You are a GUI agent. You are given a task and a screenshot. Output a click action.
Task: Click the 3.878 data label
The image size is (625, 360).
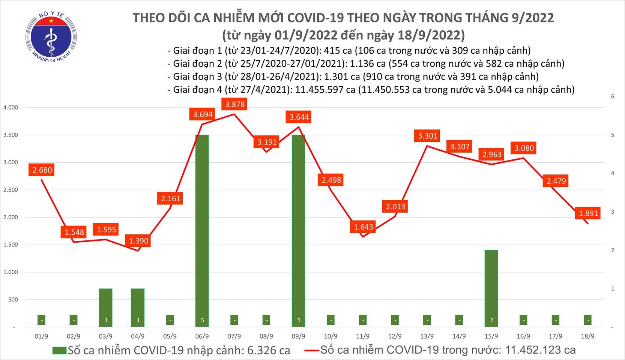pyautogui.click(x=235, y=104)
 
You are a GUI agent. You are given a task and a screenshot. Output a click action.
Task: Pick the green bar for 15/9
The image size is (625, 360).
pyautogui.click(x=491, y=287)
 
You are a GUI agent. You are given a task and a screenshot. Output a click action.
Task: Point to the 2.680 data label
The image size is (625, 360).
pyautogui.click(x=42, y=170)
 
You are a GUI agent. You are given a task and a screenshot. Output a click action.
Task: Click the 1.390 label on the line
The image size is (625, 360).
pyautogui.click(x=139, y=241)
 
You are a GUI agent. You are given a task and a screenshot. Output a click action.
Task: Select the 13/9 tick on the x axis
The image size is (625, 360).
pyautogui.click(x=427, y=336)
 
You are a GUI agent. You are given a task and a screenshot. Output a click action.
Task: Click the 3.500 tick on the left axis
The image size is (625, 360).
pyautogui.click(x=11, y=135)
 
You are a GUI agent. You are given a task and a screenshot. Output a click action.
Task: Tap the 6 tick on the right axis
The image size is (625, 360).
pyautogui.click(x=613, y=97)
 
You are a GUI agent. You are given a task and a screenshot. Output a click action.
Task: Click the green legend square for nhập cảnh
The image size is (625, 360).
pyautogui.click(x=59, y=351)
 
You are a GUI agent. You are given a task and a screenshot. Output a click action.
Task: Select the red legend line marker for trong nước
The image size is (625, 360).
pyautogui.click(x=311, y=351)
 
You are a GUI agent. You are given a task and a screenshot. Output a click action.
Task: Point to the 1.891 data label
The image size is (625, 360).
pyautogui.click(x=588, y=213)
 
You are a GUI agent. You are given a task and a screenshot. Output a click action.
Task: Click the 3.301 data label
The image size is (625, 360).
pyautogui.click(x=428, y=136)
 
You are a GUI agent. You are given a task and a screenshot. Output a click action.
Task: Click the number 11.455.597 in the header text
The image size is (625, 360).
pyautogui.click(x=325, y=90)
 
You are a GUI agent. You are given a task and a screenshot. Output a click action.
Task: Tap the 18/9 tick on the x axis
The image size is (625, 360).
pyautogui.click(x=587, y=336)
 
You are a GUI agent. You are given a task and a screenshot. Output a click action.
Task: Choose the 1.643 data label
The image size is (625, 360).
pyautogui.click(x=364, y=227)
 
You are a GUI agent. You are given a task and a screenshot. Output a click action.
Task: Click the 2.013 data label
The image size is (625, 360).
pyautogui.click(x=395, y=207)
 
